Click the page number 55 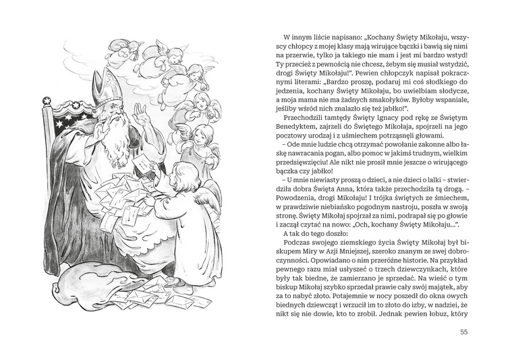point(462,331)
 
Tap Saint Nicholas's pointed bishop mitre point(109,87)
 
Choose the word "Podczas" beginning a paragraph point(300,240)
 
